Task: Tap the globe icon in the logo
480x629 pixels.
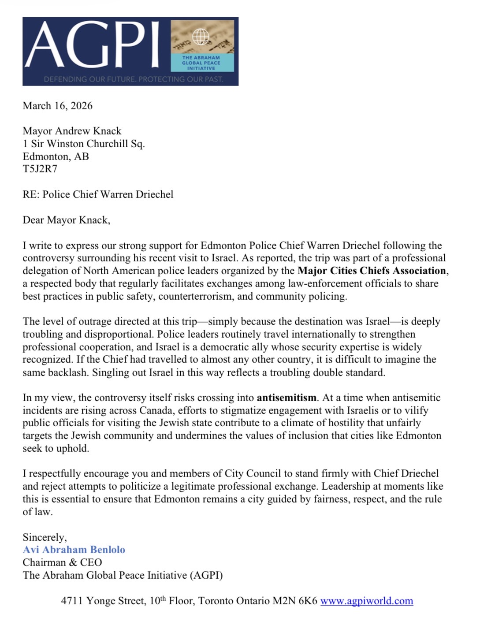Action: (x=201, y=37)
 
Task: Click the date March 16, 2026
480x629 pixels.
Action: (x=58, y=106)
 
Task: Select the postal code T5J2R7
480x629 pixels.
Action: (x=40, y=169)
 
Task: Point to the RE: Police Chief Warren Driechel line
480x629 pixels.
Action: (x=98, y=194)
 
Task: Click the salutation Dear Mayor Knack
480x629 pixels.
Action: (x=66, y=220)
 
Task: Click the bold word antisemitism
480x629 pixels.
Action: (x=287, y=398)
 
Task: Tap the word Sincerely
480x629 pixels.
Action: (x=45, y=537)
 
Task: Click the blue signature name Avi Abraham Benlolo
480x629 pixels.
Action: (x=74, y=550)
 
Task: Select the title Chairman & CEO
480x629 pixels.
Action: (x=62, y=562)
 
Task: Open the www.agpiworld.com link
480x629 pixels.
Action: (x=366, y=601)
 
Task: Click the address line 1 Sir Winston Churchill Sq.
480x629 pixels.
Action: (x=84, y=144)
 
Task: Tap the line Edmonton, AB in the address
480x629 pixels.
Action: (x=56, y=156)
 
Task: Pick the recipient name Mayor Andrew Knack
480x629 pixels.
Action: (x=72, y=131)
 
